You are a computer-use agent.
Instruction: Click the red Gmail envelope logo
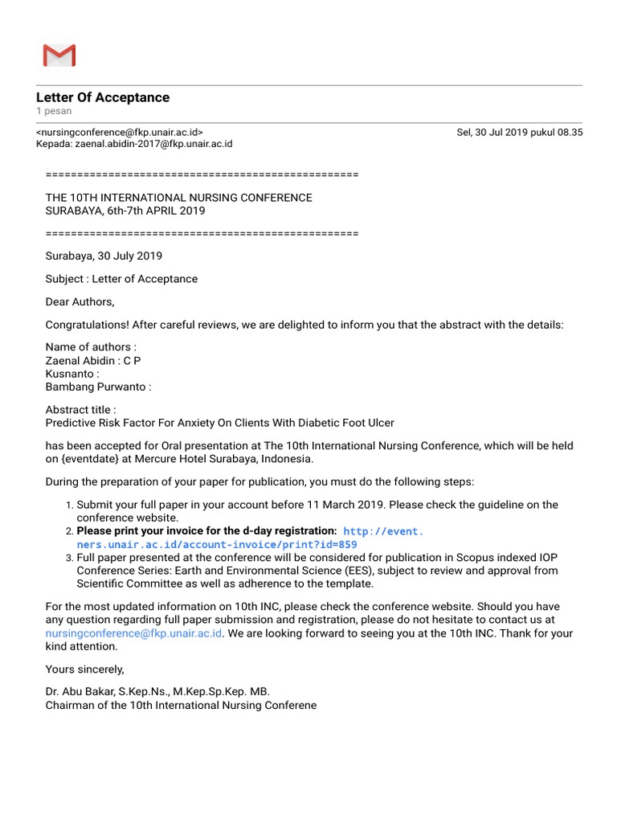coord(59,55)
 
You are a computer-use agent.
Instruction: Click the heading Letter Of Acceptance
coord(103,97)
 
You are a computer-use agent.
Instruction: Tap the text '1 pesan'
coord(54,111)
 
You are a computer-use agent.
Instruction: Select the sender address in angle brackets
coord(120,132)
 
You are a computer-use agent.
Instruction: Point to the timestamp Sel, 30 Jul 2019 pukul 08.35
coord(519,132)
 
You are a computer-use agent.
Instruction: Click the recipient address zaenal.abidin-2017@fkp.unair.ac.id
coord(153,144)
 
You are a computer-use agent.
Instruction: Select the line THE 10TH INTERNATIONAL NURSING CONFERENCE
coord(178,198)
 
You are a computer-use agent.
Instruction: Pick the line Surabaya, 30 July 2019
coord(104,256)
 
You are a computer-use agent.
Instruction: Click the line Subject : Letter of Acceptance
coord(121,279)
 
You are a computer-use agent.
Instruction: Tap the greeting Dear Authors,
coord(80,302)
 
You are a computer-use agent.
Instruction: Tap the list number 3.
coord(69,558)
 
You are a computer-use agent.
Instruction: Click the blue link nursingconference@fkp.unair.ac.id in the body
coord(133,633)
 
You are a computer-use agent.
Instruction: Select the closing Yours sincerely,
coord(85,669)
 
